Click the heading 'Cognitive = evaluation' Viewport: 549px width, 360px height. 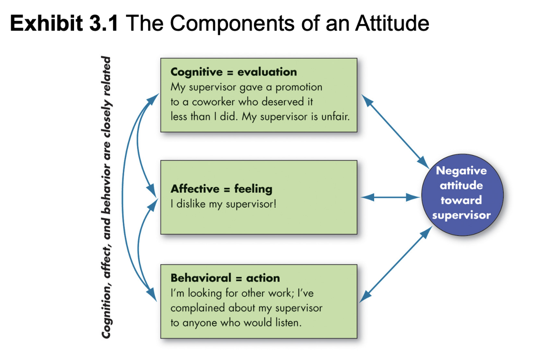pyautogui.click(x=233, y=72)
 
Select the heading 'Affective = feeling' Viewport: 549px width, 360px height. pyautogui.click(x=221, y=189)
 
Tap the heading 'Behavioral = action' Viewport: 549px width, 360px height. pyautogui.click(x=225, y=278)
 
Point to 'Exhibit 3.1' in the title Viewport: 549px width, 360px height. pyautogui.click(x=64, y=23)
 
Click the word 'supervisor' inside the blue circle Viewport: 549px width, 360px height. pyautogui.click(x=461, y=215)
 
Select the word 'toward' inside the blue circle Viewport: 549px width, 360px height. pyautogui.click(x=461, y=200)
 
